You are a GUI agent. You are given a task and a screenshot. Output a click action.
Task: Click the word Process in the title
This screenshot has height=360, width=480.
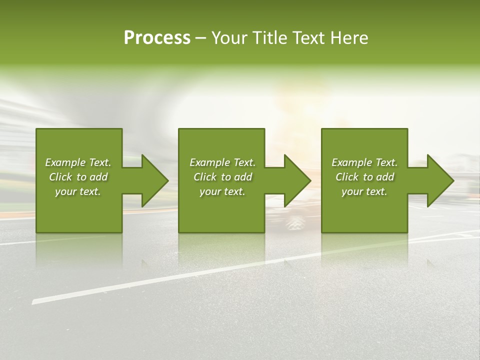[157, 38]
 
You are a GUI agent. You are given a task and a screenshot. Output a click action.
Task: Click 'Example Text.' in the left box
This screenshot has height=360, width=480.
[78, 162]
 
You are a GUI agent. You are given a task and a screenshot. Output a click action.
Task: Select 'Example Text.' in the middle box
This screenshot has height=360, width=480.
[222, 162]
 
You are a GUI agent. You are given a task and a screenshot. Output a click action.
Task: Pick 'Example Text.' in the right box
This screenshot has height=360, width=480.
[364, 162]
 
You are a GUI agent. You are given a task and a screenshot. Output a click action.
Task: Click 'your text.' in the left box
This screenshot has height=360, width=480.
[78, 191]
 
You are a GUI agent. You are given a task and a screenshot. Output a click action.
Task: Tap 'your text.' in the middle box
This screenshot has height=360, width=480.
[222, 191]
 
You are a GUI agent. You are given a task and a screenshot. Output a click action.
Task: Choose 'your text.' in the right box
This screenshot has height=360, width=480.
[364, 191]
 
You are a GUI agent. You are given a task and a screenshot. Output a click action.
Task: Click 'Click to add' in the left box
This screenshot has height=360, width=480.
[78, 177]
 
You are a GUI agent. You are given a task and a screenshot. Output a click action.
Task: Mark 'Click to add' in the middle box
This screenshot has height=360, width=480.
[222, 177]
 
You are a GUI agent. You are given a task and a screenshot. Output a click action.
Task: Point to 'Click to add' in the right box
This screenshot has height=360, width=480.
[364, 177]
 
